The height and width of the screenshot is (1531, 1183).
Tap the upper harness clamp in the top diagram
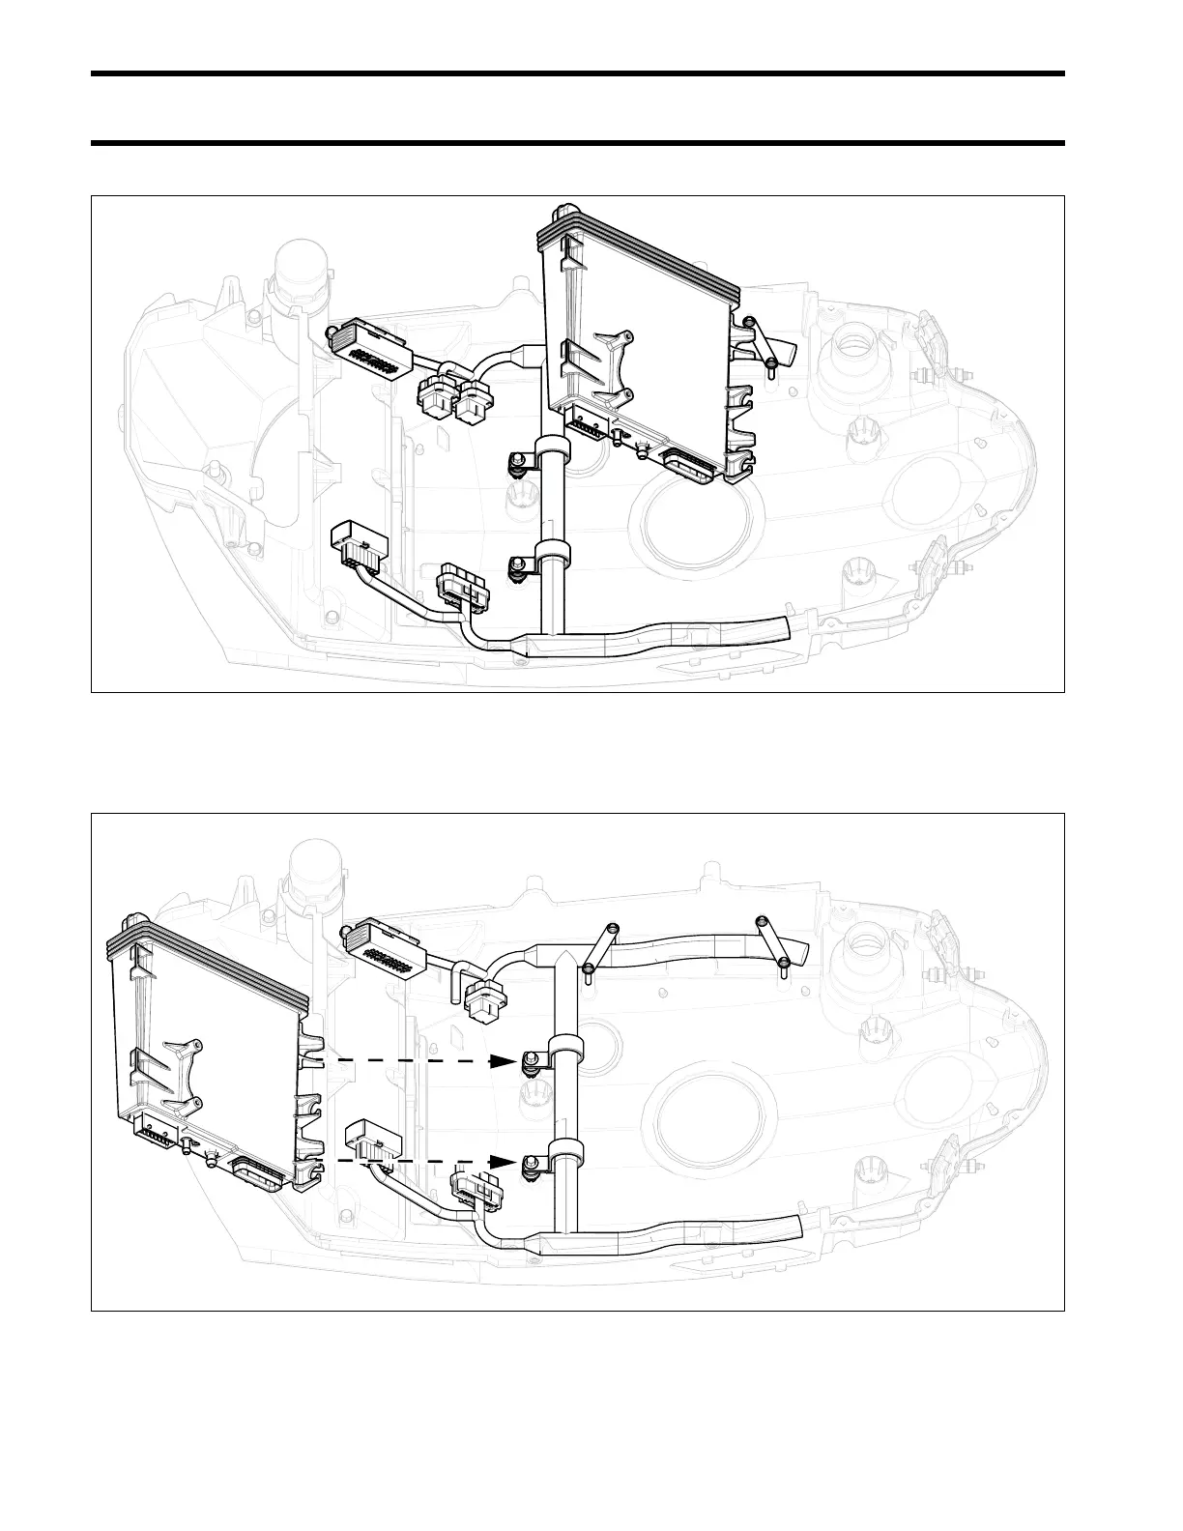tap(553, 450)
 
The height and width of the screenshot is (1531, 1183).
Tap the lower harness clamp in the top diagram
tap(554, 556)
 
